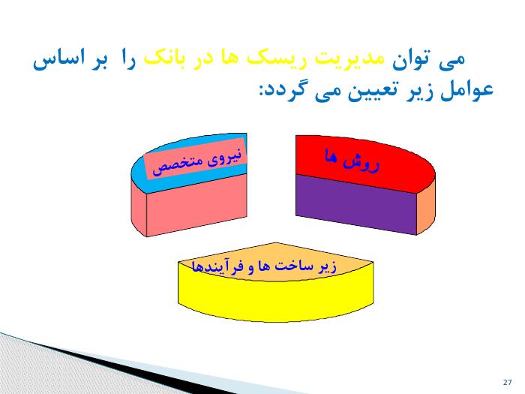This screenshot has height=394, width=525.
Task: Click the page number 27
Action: (507, 382)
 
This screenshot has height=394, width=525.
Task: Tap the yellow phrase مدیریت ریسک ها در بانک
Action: (264, 60)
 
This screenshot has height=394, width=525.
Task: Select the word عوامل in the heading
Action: (466, 90)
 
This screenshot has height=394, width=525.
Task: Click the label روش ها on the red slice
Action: (352, 161)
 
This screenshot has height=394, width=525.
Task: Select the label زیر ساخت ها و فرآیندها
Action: (264, 266)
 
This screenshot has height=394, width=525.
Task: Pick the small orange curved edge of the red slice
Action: (426, 204)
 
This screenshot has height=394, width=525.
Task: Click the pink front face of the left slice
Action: (196, 204)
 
